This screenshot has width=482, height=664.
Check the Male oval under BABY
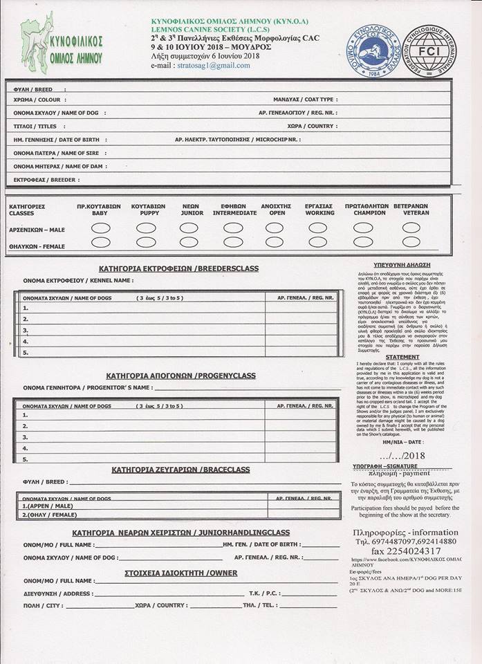[100, 228]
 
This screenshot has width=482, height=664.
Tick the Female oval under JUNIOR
[189, 242]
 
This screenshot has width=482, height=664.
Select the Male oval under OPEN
[275, 228]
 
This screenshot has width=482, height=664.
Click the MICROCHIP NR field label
[237, 139]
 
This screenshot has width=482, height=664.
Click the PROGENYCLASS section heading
[181, 376]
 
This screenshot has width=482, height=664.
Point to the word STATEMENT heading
[402, 357]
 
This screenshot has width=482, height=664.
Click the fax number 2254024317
[397, 551]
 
